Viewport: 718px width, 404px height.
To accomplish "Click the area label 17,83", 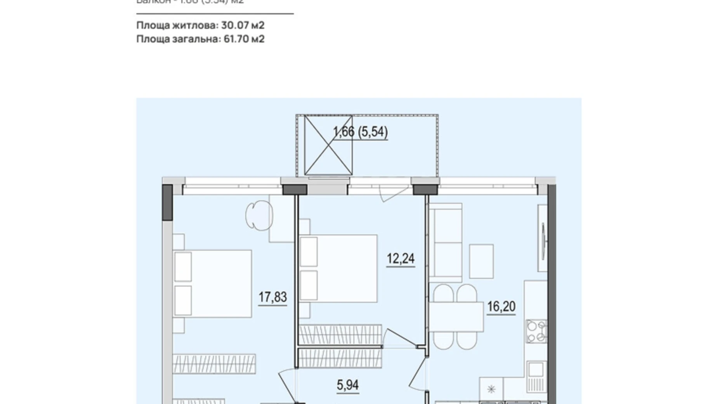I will click(x=272, y=297).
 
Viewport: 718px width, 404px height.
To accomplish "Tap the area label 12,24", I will click(x=400, y=258).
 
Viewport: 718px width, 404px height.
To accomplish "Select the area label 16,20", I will click(x=501, y=306).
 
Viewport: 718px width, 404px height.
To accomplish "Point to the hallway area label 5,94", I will click(x=347, y=385).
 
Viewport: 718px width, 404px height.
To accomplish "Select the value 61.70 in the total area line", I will click(x=237, y=39).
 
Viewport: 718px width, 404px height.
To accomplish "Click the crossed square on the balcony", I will click(x=328, y=145).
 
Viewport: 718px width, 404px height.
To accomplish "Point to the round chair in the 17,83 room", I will click(x=259, y=215).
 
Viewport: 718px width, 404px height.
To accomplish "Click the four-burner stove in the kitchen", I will click(x=536, y=331).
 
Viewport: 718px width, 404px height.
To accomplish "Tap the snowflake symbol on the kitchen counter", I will click(x=491, y=389).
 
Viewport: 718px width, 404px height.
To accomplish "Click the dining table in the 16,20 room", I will click(x=456, y=317).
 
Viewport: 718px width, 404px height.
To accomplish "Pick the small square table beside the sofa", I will click(x=481, y=261).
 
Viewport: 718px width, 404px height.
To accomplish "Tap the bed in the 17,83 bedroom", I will click(x=213, y=284).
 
